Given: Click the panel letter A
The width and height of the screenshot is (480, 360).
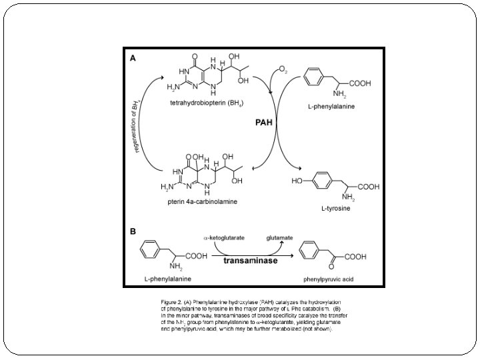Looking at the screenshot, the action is coord(133,58).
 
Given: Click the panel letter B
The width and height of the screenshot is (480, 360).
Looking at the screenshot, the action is coord(133,232).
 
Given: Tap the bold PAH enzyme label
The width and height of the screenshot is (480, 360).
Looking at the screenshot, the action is coord(265,123).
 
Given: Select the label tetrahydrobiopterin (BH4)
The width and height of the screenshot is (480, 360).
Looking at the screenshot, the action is coord(206,103).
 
